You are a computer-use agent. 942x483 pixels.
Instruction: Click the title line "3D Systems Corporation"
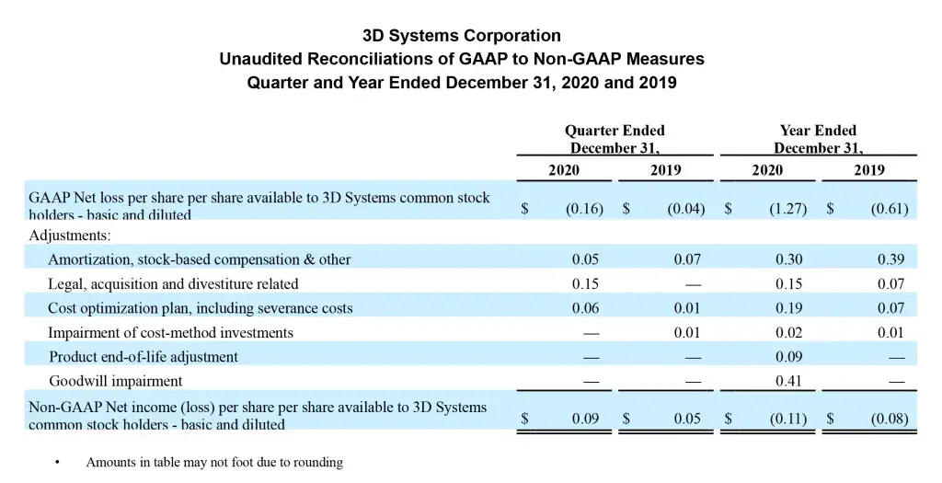462,37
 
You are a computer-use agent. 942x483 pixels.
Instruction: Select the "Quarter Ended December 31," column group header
614,140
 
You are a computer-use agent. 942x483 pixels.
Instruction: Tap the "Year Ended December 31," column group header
818,140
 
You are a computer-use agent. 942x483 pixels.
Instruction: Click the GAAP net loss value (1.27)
787,209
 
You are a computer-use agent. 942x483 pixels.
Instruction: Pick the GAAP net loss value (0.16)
584,209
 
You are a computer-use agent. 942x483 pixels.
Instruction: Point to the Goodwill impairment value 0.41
788,381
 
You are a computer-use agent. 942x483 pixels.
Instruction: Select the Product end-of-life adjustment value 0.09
788,356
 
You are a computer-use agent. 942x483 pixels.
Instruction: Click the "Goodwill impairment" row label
115,381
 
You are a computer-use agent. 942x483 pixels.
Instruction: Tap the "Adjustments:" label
69,235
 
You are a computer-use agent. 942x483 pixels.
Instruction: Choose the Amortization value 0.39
890,259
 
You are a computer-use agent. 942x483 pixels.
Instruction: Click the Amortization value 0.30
788,259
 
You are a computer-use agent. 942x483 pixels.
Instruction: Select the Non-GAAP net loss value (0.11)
787,420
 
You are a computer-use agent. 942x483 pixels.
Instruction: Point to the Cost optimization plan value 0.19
788,308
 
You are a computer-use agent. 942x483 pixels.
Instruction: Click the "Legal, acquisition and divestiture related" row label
173,283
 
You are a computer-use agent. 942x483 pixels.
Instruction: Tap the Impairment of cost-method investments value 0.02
788,332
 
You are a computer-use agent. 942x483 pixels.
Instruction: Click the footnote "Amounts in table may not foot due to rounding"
214,463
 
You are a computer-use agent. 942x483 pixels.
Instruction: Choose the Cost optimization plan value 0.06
585,308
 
